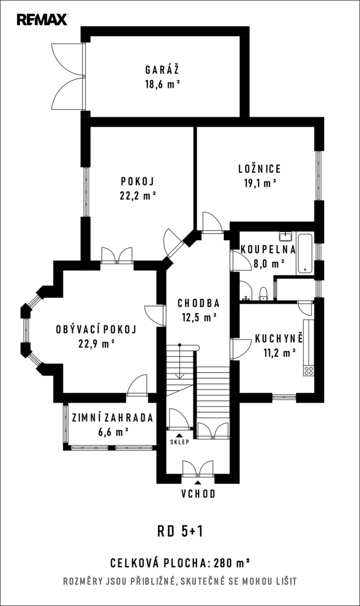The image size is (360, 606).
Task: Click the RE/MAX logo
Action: [42, 19]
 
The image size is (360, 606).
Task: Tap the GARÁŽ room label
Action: [162, 70]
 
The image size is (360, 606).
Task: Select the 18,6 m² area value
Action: [163, 84]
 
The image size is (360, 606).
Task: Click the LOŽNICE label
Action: [260, 168]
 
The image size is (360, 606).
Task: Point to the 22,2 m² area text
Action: [137, 196]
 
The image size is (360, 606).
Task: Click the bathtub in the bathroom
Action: [304, 254]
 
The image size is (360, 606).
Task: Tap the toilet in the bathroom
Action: [264, 293]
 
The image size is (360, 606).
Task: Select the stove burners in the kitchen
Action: [308, 371]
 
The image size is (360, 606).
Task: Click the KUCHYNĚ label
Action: [279, 338]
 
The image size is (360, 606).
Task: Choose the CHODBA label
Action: [199, 303]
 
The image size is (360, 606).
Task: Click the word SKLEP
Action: [179, 442]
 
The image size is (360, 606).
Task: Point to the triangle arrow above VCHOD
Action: [198, 483]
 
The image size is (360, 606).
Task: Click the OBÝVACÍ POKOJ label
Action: [96, 329]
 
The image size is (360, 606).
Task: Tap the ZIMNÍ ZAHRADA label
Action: [112, 417]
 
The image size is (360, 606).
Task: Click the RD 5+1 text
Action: [180, 531]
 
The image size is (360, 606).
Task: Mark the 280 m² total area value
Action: [232, 563]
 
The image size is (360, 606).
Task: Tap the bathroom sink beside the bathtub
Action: [286, 236]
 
